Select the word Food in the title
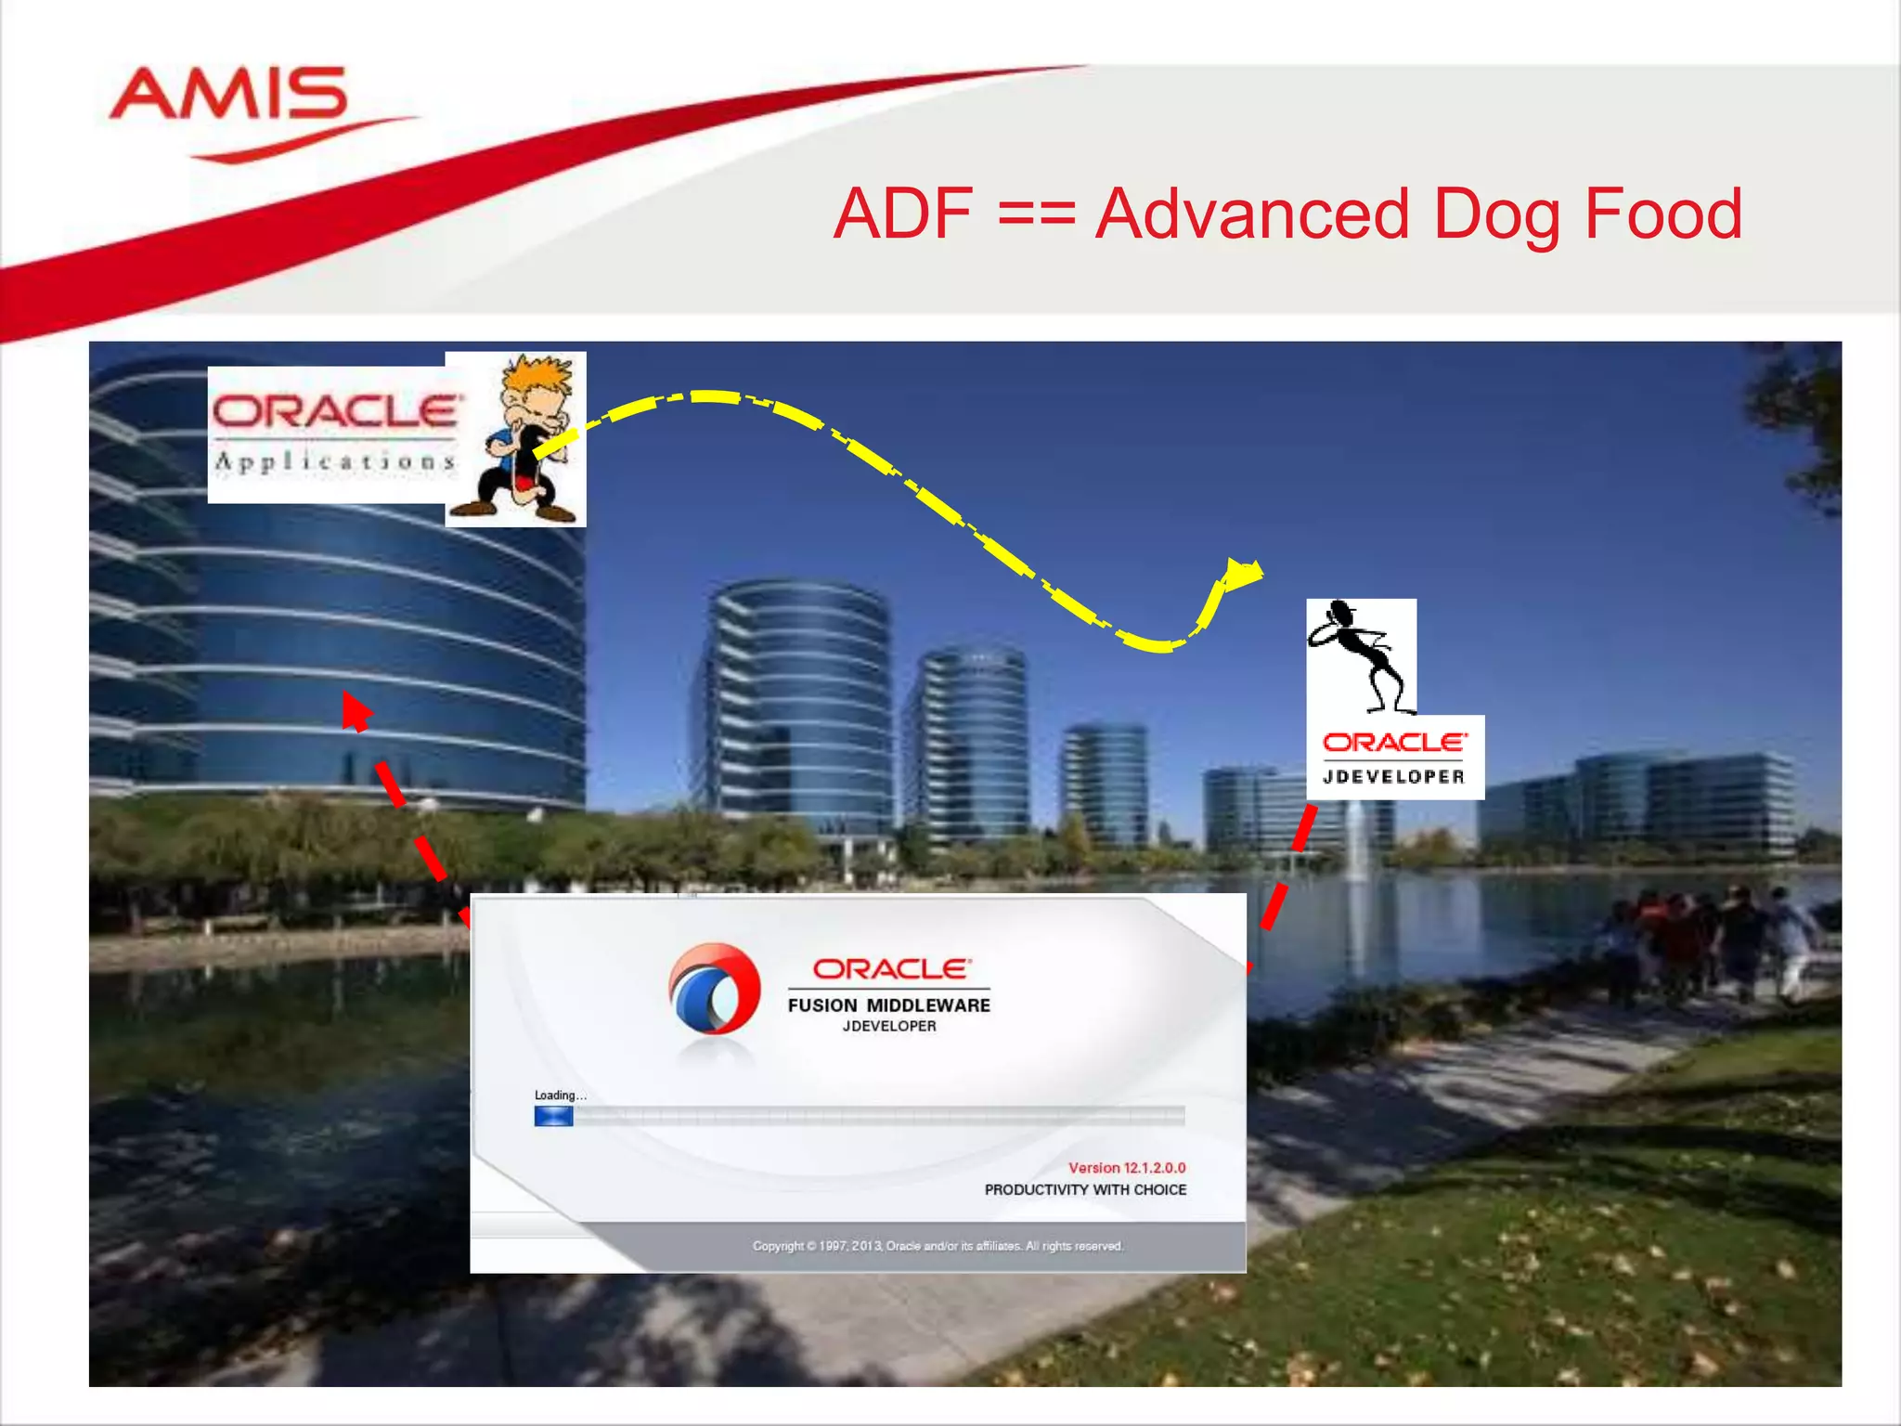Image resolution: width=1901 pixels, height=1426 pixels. (1663, 214)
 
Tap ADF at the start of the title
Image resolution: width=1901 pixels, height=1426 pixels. (903, 214)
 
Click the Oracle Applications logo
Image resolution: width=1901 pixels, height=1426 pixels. (334, 434)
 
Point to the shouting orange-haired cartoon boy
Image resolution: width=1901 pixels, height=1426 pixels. (523, 438)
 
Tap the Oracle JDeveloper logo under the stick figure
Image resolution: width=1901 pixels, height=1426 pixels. (1394, 758)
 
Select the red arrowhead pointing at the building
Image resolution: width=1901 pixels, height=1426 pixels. (354, 711)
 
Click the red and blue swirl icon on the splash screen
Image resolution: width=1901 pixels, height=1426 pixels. (715, 991)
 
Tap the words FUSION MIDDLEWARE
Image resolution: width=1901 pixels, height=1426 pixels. (888, 1005)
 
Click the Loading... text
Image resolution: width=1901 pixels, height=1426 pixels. (560, 1095)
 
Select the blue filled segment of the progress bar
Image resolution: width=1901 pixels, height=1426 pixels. (553, 1117)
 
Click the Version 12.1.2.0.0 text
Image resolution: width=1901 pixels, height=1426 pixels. (1126, 1168)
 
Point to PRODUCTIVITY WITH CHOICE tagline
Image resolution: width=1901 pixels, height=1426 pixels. (1085, 1190)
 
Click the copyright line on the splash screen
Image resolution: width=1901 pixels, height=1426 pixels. (938, 1246)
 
